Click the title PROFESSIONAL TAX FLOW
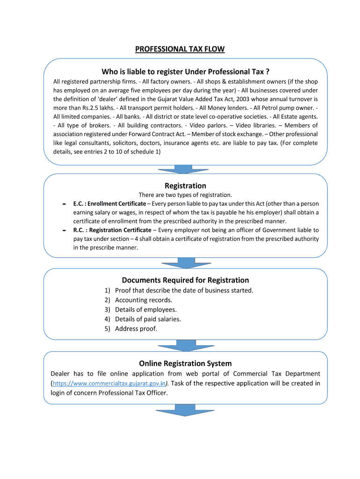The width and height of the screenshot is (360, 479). click(x=180, y=49)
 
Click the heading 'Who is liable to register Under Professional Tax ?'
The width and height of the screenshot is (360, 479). click(x=186, y=72)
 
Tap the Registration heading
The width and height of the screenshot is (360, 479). click(x=185, y=186)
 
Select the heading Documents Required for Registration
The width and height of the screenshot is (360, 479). click(x=185, y=280)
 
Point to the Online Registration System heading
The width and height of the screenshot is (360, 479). click(x=185, y=363)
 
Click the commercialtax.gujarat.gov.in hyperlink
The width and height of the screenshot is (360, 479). click(x=109, y=384)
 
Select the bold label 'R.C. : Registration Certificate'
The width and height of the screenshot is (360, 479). click(x=112, y=230)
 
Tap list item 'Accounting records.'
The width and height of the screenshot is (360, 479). click(x=144, y=300)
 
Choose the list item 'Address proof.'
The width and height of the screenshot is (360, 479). click(x=136, y=329)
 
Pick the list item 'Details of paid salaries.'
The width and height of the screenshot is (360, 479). click(x=148, y=319)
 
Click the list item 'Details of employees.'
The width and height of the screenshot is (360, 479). click(x=146, y=310)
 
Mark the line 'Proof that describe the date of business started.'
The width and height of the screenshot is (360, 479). click(x=184, y=290)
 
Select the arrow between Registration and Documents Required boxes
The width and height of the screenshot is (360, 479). click(x=186, y=263)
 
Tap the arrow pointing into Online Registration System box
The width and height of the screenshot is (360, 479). click(x=186, y=346)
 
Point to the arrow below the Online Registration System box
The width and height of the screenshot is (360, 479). click(x=186, y=410)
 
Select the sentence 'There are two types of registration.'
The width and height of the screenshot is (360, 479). click(x=185, y=195)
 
